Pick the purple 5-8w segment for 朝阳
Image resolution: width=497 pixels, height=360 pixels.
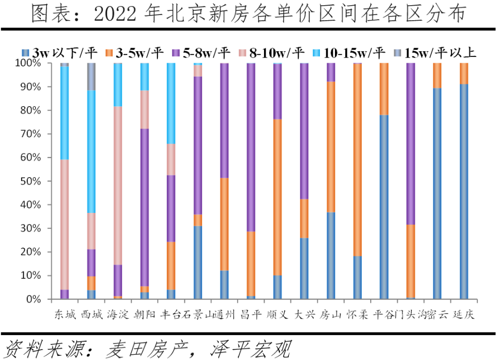[x=145, y=207]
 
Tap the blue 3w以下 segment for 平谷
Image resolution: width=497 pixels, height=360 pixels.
[x=384, y=207]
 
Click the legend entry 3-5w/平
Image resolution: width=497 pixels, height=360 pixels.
[x=137, y=52]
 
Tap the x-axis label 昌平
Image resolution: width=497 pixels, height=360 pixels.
[x=251, y=314]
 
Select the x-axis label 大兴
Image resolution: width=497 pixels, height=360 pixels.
[x=304, y=314]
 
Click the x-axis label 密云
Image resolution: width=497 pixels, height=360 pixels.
[x=437, y=314]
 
